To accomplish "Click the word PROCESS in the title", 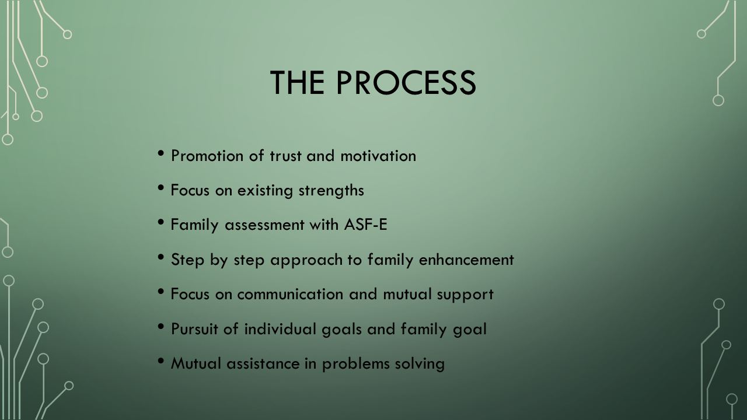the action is pyautogui.click(x=406, y=82).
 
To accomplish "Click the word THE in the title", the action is pyautogui.click(x=297, y=82).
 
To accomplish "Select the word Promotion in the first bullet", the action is pyautogui.click(x=207, y=156).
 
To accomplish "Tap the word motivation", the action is pyautogui.click(x=378, y=156).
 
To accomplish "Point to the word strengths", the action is pyautogui.click(x=331, y=191).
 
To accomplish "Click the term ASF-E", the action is pyautogui.click(x=365, y=225).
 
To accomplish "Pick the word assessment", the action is pyautogui.click(x=265, y=225).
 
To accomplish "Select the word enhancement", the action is pyautogui.click(x=466, y=260).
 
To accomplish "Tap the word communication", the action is pyautogui.click(x=290, y=295).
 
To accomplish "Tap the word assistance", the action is pyautogui.click(x=263, y=363).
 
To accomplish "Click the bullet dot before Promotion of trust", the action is pyautogui.click(x=161, y=153).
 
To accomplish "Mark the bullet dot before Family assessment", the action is pyautogui.click(x=161, y=222).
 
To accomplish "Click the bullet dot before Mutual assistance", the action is pyautogui.click(x=161, y=361).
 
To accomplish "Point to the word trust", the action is pyautogui.click(x=285, y=156).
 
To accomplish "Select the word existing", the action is pyautogui.click(x=265, y=191).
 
